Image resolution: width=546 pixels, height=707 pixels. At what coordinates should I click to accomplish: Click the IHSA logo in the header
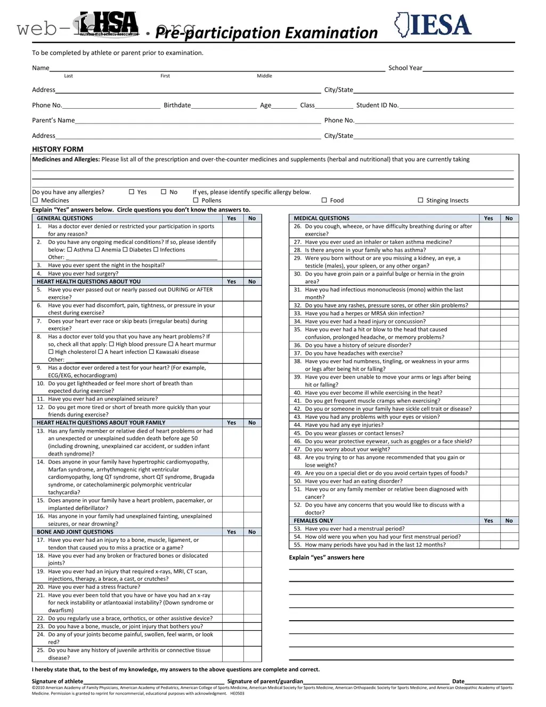click(109, 24)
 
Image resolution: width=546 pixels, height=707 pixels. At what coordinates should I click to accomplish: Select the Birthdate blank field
click(224, 105)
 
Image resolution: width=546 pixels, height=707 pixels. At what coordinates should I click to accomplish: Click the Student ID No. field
click(456, 105)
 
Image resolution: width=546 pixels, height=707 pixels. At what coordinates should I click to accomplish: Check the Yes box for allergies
click(132, 192)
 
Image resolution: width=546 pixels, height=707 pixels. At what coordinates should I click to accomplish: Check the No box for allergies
click(164, 192)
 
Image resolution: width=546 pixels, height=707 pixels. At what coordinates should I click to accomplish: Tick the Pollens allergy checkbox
click(195, 200)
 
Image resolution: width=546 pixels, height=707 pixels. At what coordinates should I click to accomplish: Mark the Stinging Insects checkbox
click(420, 200)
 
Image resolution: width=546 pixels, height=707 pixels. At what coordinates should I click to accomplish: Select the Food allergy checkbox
click(324, 200)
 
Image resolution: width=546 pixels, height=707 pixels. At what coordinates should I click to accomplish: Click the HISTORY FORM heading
click(58, 149)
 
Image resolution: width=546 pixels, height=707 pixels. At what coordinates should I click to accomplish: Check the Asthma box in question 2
click(69, 249)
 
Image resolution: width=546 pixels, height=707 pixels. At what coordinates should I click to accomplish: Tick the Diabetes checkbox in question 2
click(125, 249)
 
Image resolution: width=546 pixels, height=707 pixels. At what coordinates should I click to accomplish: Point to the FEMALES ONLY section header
click(313, 521)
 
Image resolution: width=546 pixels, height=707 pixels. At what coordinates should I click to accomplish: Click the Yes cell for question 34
click(488, 321)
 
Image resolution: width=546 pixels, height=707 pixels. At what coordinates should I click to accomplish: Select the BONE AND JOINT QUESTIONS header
click(75, 532)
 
